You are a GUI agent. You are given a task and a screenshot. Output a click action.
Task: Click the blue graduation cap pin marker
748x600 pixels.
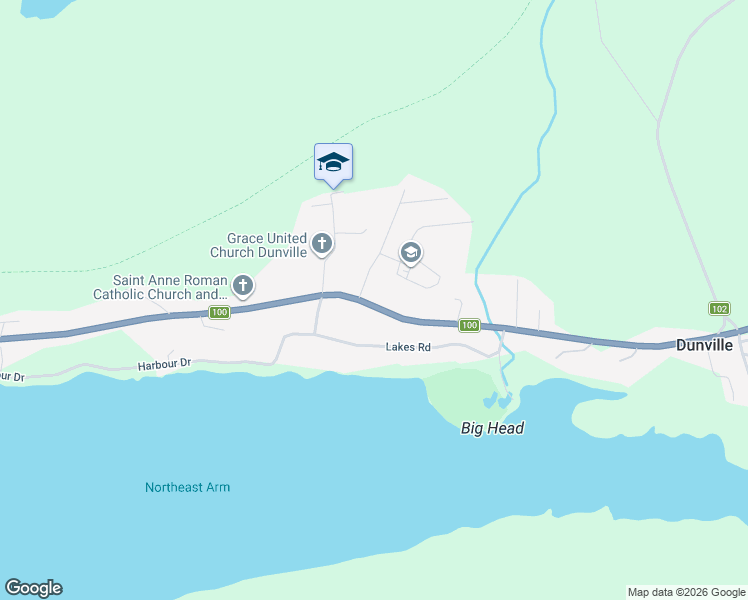click(333, 162)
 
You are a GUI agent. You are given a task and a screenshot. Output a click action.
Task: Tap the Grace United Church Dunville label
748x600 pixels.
click(267, 245)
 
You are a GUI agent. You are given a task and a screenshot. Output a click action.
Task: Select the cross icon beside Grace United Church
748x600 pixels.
click(322, 243)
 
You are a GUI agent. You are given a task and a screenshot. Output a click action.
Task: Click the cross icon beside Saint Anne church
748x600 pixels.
click(241, 287)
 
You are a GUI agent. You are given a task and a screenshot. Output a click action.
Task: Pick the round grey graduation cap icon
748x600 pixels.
click(410, 253)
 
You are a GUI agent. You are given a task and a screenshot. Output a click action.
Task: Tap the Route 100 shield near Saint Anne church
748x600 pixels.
click(220, 314)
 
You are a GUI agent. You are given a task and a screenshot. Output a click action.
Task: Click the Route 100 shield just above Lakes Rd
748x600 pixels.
click(469, 326)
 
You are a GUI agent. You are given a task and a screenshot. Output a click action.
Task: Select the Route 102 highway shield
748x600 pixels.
click(719, 308)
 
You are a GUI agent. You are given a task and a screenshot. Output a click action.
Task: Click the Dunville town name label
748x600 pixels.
click(704, 345)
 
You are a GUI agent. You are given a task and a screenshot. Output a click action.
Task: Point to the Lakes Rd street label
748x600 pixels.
click(408, 348)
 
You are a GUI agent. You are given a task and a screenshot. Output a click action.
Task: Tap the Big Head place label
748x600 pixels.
click(492, 428)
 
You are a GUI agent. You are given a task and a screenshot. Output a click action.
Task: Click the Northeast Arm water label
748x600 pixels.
click(187, 488)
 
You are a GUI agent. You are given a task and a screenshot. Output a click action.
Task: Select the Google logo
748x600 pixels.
click(33, 588)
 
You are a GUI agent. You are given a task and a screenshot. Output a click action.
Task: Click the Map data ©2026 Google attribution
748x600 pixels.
click(685, 592)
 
